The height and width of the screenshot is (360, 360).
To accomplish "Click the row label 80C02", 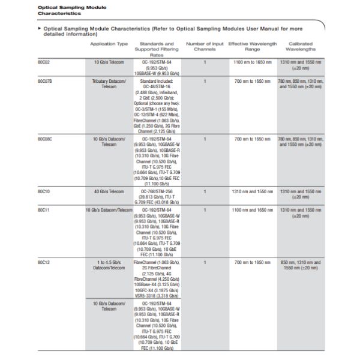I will coord(44,62).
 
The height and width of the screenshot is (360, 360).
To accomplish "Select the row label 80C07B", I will coord(45,80).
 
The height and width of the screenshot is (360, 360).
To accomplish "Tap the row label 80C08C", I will coord(45,139).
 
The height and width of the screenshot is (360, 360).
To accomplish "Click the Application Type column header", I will coord(109,44).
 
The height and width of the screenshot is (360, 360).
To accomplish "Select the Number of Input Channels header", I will coord(205,47).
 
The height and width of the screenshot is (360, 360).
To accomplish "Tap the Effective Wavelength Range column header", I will coord(253,47).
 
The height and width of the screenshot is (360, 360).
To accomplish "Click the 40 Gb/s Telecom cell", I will coord(109,191).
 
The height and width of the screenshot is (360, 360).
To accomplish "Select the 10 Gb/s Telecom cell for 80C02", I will coord(109,62).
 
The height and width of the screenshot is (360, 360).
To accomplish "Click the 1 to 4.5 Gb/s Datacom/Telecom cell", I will coord(109,266).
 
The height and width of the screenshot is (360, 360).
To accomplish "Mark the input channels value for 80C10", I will coord(205,191).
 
